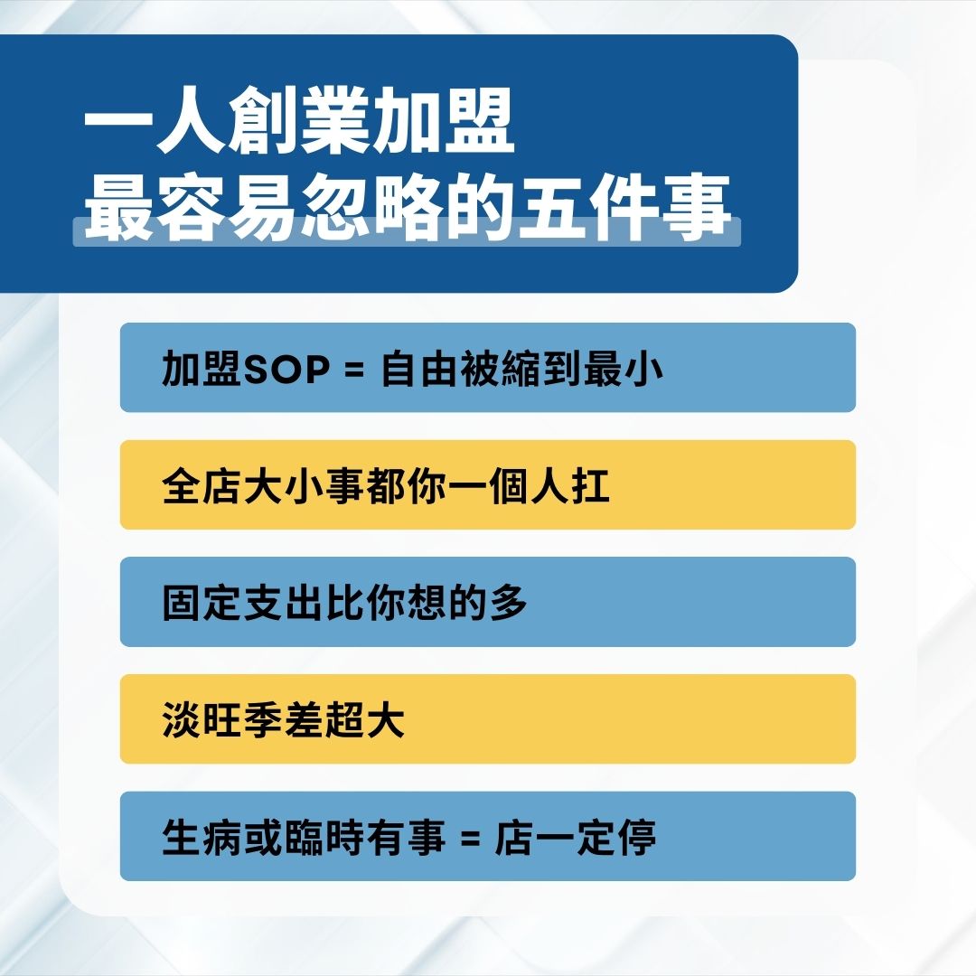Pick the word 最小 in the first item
pyautogui.click(x=624, y=370)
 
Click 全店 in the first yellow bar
pyautogui.click(x=196, y=486)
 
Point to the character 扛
pyautogui.click(x=592, y=486)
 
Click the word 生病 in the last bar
pyautogui.click(x=196, y=838)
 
